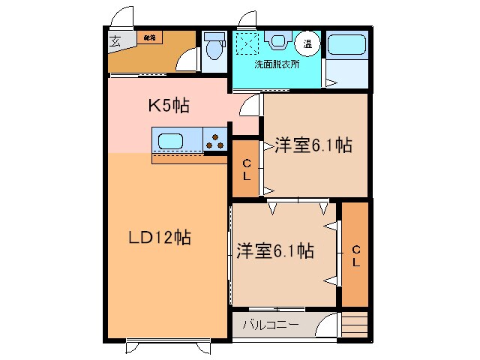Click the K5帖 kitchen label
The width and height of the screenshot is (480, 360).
pos(167,106)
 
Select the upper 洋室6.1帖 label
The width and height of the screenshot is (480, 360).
pos(313,145)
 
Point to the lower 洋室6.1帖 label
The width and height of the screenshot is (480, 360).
pos(274,251)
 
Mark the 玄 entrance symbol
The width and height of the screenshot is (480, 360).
pos(116,42)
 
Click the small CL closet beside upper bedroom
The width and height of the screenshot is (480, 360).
pos(246,170)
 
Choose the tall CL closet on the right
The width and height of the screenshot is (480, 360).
pos(356,255)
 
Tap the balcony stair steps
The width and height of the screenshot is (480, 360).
pos(356,324)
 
